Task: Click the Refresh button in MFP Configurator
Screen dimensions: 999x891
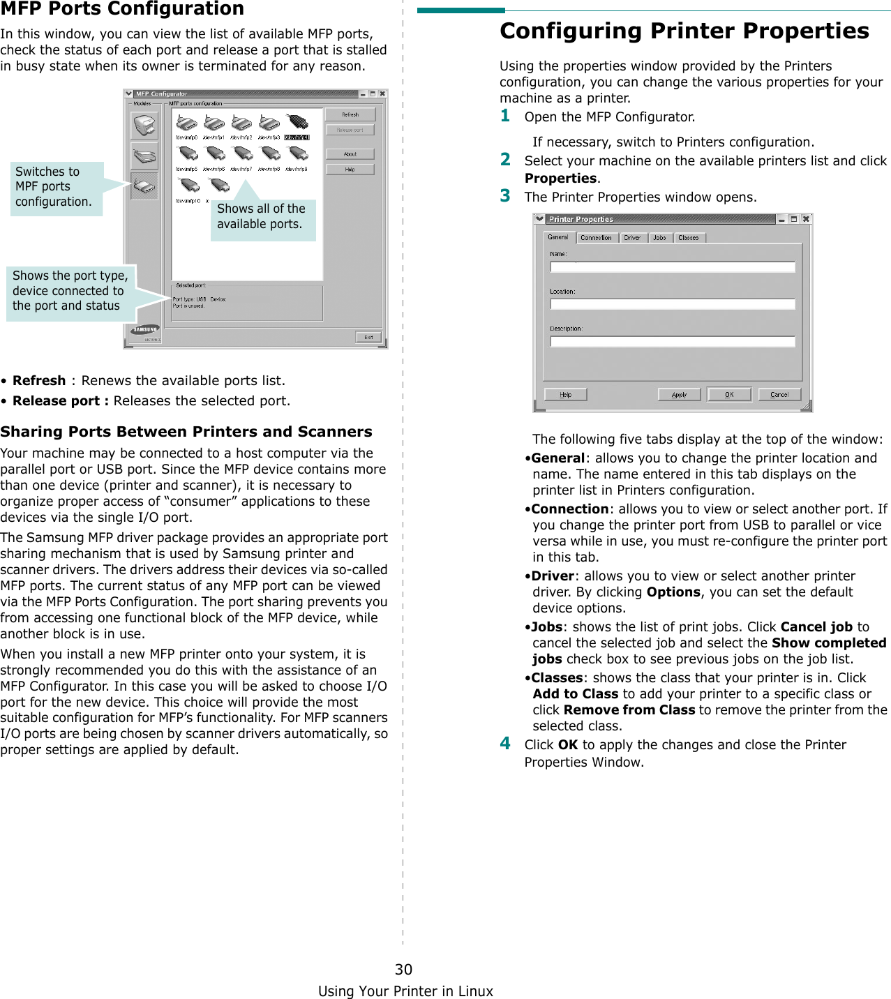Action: click(350, 114)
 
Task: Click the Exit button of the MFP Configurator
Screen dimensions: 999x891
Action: click(368, 337)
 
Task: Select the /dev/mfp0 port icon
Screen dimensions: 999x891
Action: click(186, 124)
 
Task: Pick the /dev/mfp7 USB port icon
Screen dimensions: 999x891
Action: click(242, 155)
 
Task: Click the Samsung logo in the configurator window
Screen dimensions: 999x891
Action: click(146, 330)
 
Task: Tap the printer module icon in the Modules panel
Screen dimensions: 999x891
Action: click(144, 126)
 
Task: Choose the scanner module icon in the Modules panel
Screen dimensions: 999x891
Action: click(144, 156)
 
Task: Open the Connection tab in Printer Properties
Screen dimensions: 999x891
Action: click(596, 238)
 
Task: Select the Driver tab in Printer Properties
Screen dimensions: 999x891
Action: click(632, 238)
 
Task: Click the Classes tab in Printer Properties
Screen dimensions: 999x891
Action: click(688, 238)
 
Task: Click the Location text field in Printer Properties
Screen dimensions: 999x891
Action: click(673, 304)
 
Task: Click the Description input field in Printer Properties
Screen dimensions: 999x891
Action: click(673, 342)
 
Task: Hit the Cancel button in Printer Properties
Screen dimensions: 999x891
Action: click(779, 395)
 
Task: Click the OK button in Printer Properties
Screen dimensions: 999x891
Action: click(729, 395)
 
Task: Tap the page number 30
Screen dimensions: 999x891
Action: click(403, 969)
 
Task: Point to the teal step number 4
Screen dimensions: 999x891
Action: click(505, 743)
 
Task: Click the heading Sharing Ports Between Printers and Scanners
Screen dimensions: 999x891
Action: click(186, 432)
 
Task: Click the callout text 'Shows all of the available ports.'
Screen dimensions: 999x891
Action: click(262, 216)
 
